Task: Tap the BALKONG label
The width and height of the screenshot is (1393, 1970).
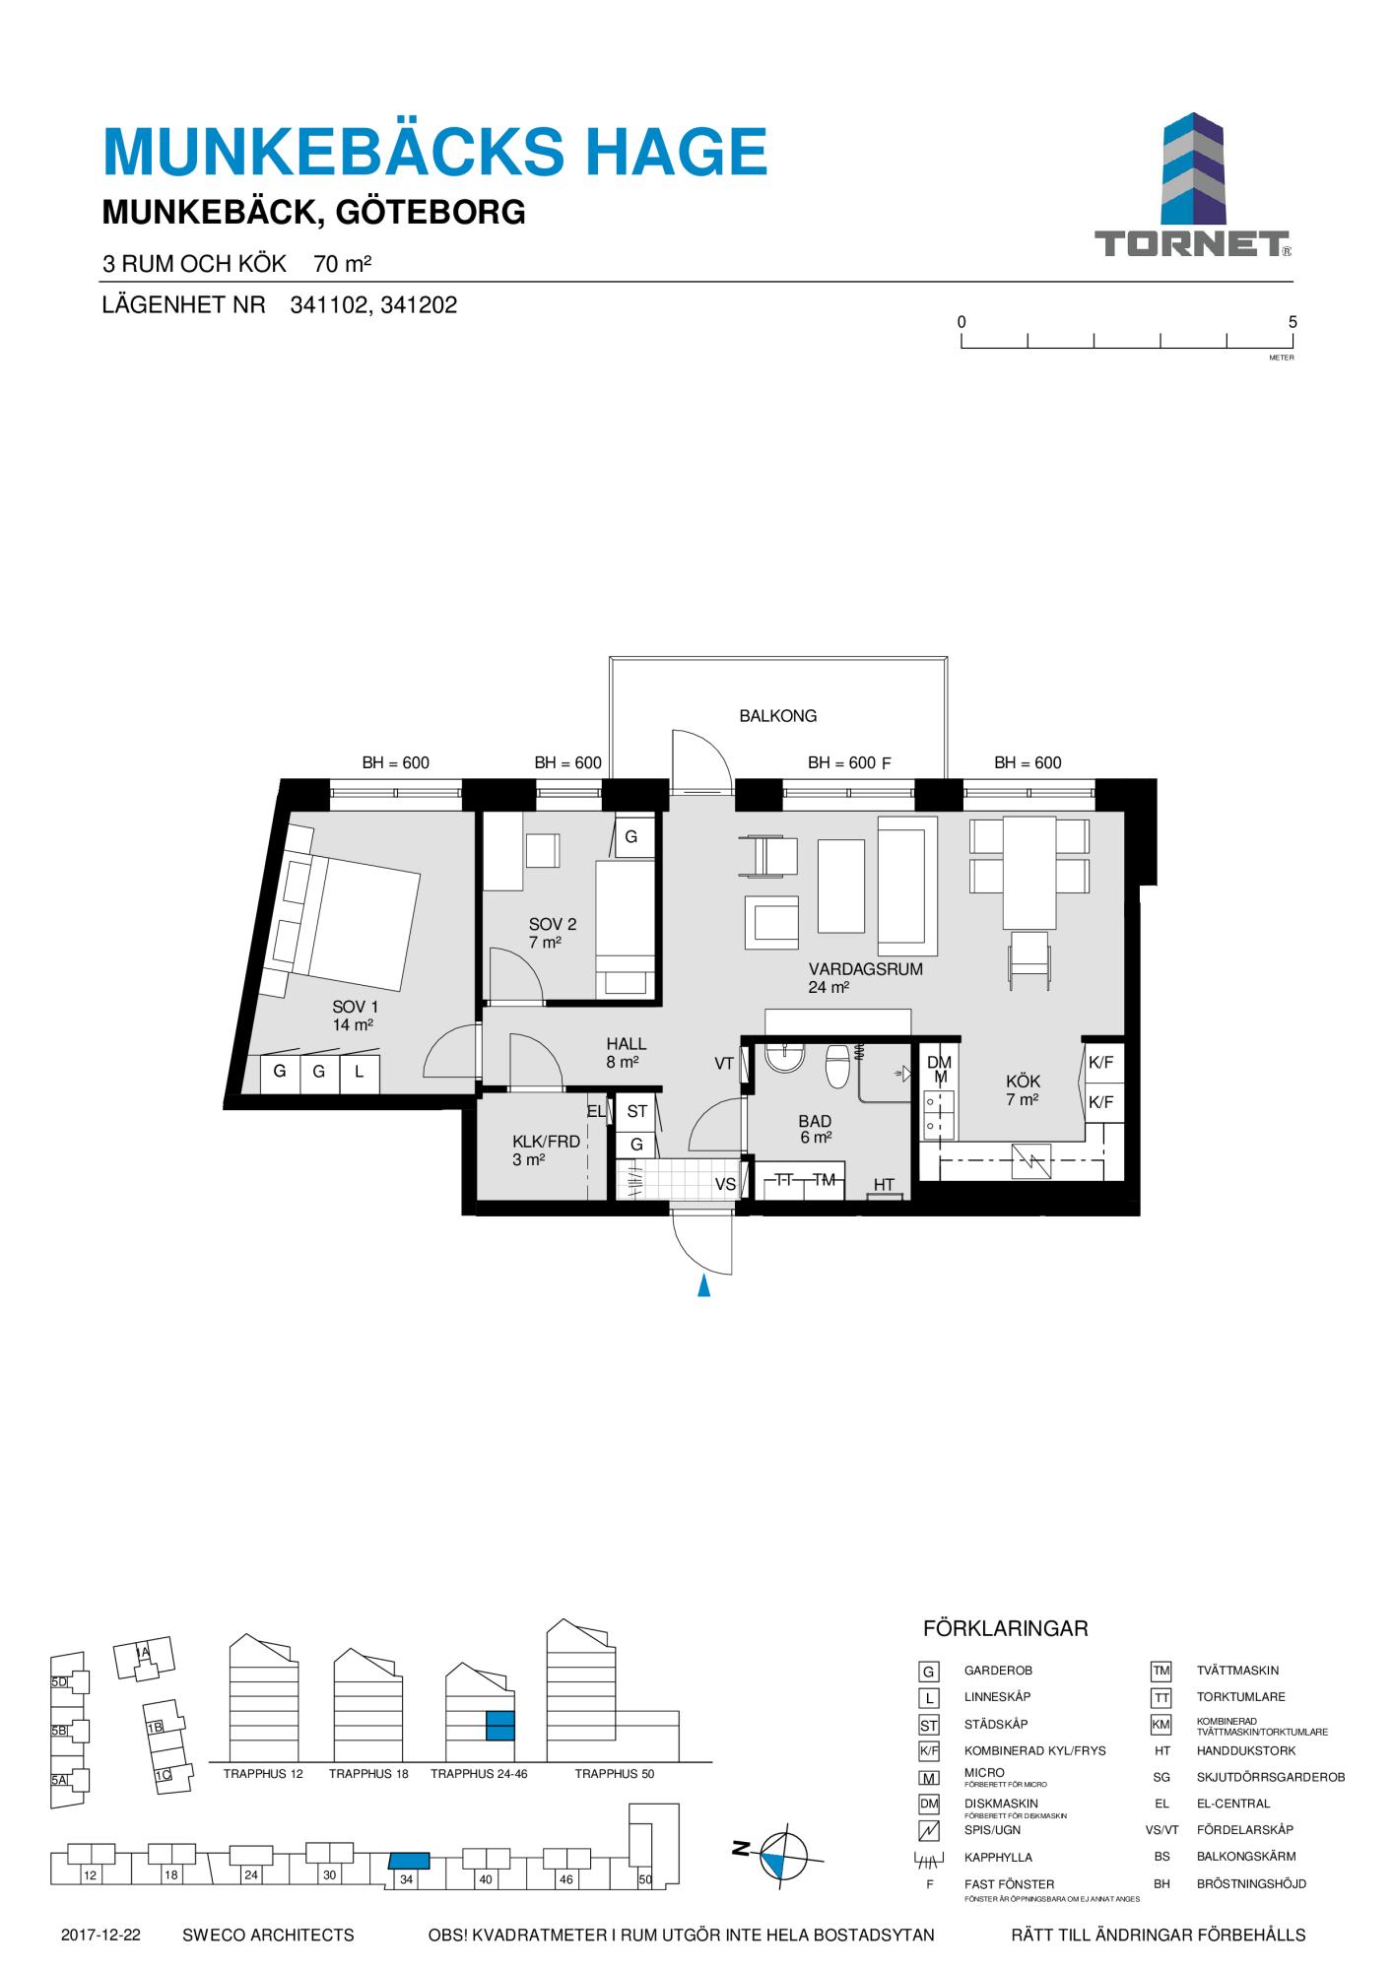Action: pos(778,716)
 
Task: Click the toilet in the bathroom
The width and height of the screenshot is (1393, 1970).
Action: pos(837,1065)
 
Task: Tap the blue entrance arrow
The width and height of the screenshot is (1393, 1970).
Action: pos(703,1285)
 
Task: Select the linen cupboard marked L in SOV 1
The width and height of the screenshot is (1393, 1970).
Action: pos(360,1074)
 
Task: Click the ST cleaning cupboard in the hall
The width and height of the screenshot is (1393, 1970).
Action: pos(637,1111)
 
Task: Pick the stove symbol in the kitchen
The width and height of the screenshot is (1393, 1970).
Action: pos(1031,1161)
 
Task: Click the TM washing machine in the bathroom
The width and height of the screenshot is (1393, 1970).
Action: pos(824,1180)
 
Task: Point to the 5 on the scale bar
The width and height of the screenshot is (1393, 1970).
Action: pos(1293,322)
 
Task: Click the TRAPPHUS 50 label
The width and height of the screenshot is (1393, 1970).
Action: pos(615,1774)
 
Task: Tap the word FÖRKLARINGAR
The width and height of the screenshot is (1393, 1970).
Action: pos(1005,1628)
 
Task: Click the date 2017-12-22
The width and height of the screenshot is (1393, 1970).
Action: pos(100,1935)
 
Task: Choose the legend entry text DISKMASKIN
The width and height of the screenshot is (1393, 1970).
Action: pos(1001,1804)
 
